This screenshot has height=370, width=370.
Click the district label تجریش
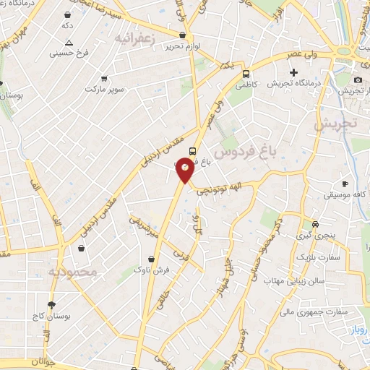(335, 124)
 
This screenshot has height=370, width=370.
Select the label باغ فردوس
(249, 152)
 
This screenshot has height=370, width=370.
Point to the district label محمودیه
(72, 272)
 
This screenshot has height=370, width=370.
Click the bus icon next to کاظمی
(246, 74)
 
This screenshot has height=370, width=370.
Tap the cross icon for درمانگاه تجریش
(293, 72)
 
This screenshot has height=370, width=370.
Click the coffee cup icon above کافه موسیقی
(345, 184)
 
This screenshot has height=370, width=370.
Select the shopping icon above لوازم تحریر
(184, 34)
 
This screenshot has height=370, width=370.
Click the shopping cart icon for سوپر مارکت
(105, 78)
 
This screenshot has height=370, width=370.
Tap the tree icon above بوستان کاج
(51, 305)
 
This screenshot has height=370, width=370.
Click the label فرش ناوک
(151, 269)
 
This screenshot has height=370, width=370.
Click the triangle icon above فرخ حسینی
(69, 43)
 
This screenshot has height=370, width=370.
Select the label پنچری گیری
(314, 236)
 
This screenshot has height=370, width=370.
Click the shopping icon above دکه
(67, 14)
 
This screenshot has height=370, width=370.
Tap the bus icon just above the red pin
(192, 151)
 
